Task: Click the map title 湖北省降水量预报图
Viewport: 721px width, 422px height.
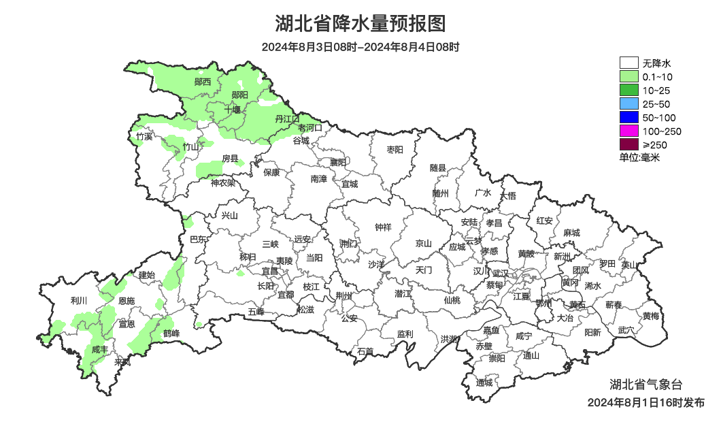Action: click(x=360, y=24)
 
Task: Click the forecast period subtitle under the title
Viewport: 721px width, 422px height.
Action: click(x=360, y=48)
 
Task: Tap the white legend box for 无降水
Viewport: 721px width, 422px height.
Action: click(x=629, y=63)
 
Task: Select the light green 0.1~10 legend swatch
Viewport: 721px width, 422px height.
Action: click(x=629, y=77)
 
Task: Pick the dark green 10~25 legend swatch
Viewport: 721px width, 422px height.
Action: click(x=629, y=91)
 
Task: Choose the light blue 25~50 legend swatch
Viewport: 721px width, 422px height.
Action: click(x=629, y=104)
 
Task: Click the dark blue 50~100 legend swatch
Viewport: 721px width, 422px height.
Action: click(x=629, y=118)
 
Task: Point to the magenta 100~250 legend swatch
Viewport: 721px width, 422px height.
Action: click(x=629, y=131)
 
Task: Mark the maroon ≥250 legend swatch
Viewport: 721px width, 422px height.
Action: click(x=629, y=144)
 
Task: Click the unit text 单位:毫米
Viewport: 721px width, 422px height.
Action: click(x=639, y=157)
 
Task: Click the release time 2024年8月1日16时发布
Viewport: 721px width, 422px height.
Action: click(x=645, y=403)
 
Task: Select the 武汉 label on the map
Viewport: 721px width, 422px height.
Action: click(x=501, y=273)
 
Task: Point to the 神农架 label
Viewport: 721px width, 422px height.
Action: click(x=222, y=182)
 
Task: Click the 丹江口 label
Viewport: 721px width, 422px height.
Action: click(x=286, y=119)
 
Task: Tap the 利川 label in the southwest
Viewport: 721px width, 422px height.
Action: click(x=79, y=300)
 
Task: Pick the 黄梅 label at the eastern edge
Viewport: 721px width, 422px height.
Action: click(x=651, y=316)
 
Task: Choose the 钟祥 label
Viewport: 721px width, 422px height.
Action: click(x=384, y=227)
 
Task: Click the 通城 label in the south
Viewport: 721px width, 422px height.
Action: click(x=484, y=383)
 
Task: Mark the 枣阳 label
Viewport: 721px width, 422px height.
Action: click(x=395, y=149)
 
